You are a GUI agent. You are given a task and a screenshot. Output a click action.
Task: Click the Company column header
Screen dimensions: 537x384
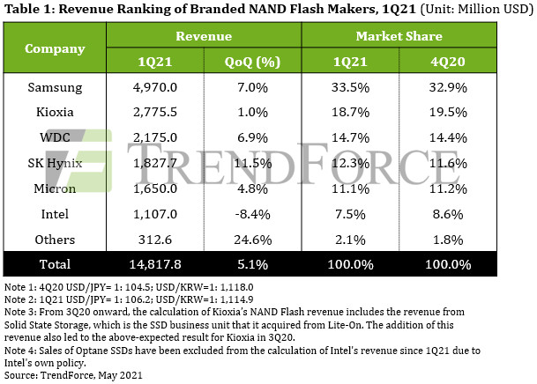tap(55, 49)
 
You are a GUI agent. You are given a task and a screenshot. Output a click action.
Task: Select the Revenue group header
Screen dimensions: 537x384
tap(204, 36)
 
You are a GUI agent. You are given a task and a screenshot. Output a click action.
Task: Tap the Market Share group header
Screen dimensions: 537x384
tap(399, 36)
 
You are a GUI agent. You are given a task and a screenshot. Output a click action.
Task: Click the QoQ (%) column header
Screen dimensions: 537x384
tap(252, 62)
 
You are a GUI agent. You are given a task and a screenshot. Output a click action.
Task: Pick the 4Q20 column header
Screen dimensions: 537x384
tap(448, 62)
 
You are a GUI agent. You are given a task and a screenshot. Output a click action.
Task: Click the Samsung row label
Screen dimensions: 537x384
tap(55, 87)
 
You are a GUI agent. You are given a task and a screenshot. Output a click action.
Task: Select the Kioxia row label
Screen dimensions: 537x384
tap(55, 112)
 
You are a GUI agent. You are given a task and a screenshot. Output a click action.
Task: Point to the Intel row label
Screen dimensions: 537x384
tap(55, 214)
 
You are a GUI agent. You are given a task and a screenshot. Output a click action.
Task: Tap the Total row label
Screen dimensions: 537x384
tap(55, 264)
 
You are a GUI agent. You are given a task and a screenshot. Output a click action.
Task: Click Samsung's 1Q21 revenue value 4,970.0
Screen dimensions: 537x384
tap(155, 87)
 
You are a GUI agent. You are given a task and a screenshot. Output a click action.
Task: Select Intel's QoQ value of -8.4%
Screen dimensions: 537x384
tap(252, 214)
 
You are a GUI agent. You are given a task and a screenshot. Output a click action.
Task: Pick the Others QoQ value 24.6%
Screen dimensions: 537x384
tap(253, 240)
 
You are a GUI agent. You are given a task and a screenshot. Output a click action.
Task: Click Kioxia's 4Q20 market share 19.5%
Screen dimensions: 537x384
tap(448, 112)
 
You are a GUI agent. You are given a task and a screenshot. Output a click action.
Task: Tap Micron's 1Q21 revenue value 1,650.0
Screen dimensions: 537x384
tap(155, 188)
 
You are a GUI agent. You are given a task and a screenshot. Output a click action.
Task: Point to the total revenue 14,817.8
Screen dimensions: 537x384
tap(155, 264)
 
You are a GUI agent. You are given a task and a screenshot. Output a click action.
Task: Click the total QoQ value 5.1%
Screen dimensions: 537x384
tap(252, 264)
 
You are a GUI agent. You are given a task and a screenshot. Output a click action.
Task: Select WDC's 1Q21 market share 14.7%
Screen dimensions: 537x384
tap(350, 137)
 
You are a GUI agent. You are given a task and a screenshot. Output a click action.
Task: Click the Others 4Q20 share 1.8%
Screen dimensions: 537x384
tap(448, 240)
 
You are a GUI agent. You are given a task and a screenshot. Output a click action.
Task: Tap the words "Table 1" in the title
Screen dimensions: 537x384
tap(29, 9)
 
